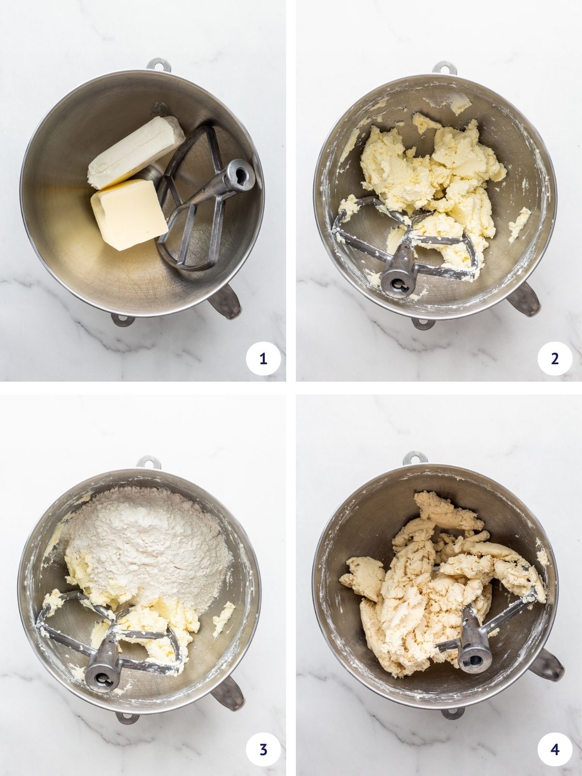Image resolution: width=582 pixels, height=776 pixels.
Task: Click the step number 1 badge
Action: (263, 359)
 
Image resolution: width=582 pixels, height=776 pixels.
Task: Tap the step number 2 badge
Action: (555, 359)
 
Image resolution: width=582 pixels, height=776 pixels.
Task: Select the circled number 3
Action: (263, 749)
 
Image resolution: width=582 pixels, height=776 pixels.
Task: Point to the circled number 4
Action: (555, 749)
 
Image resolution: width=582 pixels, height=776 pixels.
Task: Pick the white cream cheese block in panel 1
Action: (136, 150)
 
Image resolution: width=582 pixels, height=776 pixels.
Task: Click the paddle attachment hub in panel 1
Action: (240, 174)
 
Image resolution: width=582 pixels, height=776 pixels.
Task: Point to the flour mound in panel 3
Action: (145, 538)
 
